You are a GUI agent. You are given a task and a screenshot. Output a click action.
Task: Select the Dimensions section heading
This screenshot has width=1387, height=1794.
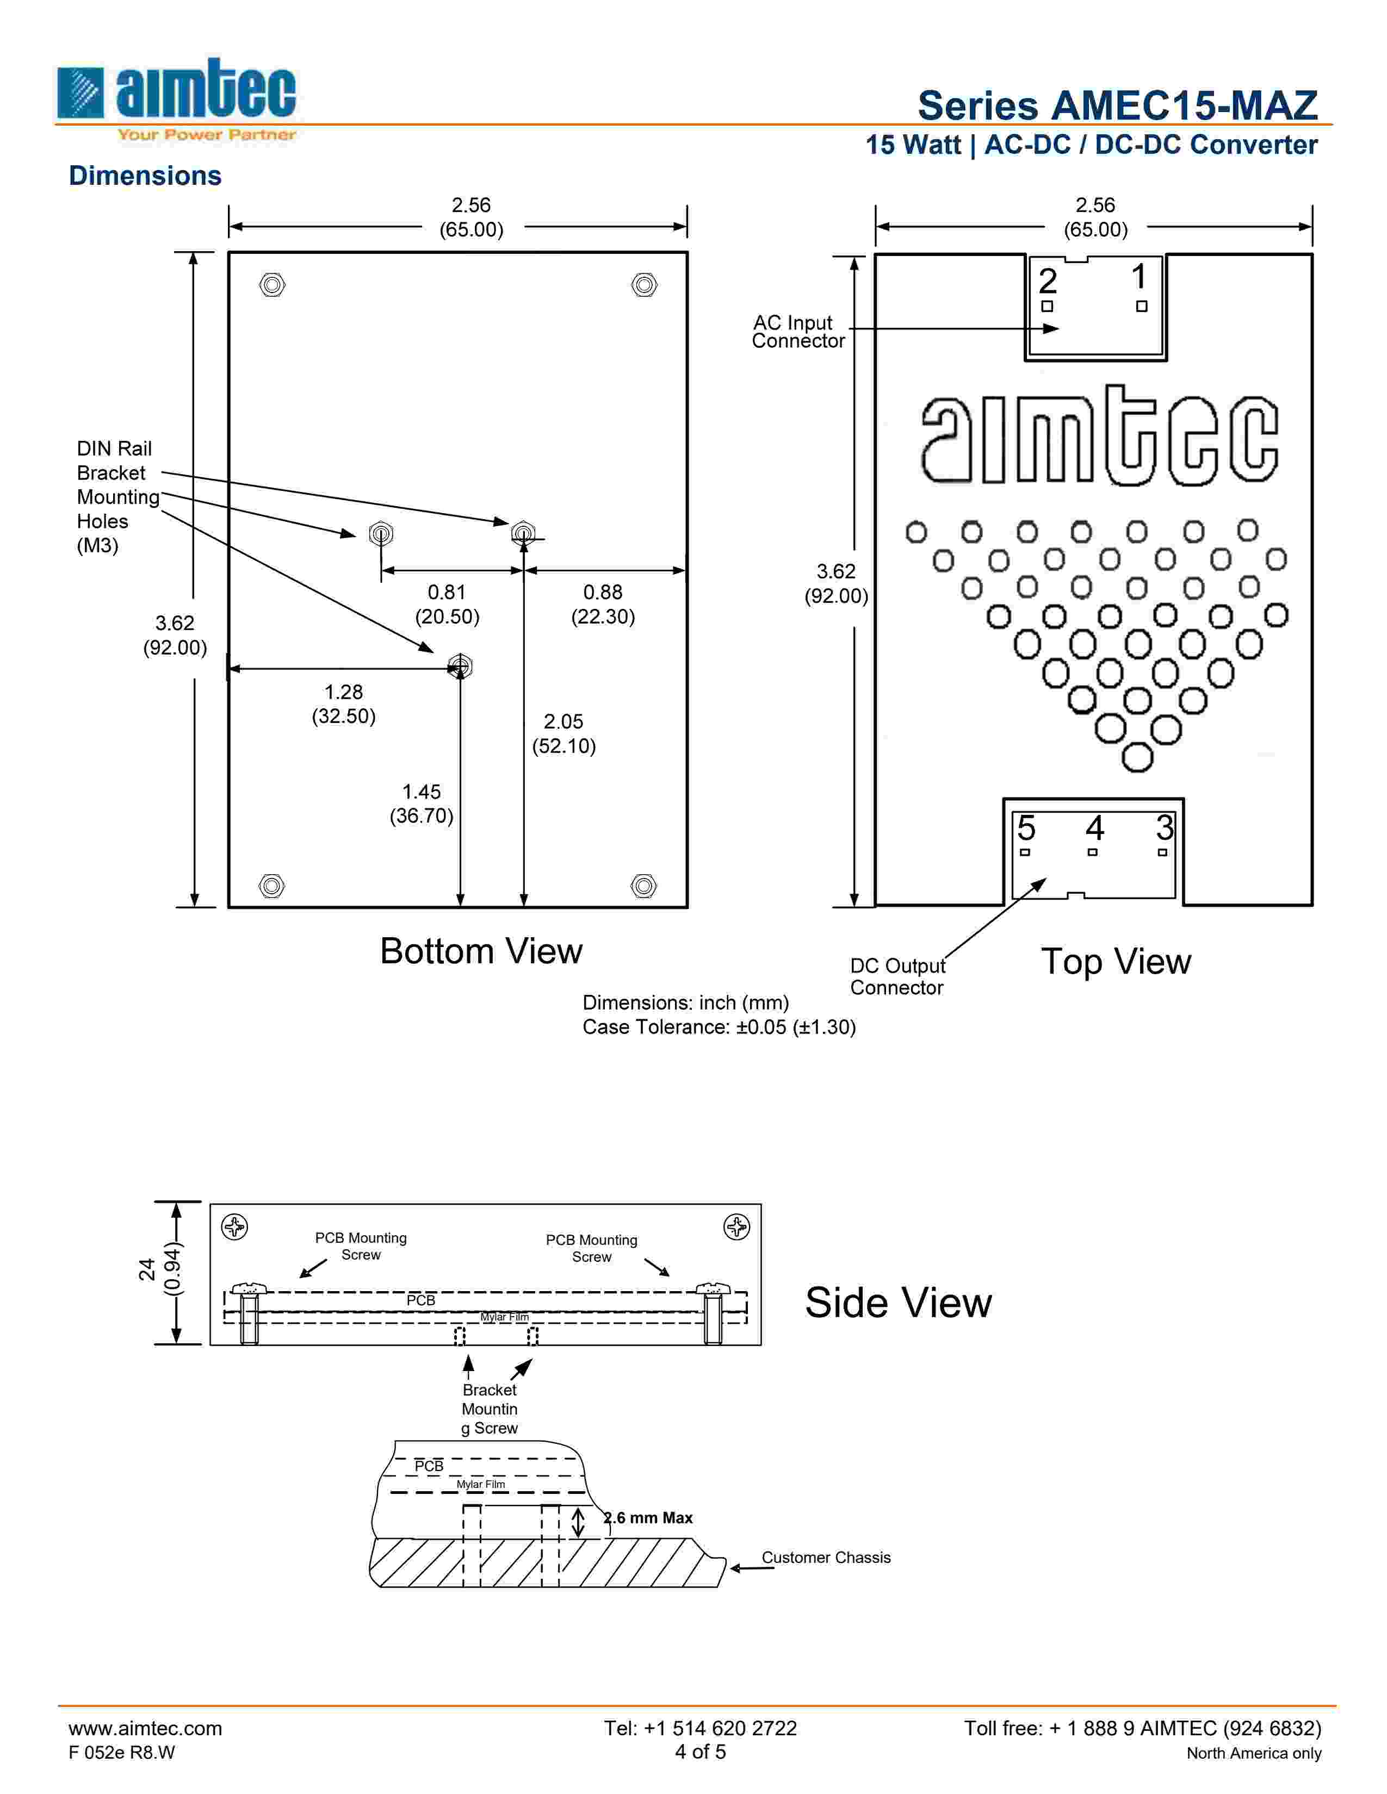[145, 176]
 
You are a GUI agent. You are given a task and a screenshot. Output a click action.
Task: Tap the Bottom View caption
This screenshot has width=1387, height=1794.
[481, 951]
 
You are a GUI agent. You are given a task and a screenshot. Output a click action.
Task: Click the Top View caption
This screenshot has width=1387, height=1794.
[1115, 961]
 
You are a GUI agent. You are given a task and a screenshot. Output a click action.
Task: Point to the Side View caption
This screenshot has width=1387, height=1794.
[897, 1303]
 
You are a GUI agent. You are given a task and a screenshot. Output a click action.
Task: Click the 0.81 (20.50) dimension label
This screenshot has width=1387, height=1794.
[447, 605]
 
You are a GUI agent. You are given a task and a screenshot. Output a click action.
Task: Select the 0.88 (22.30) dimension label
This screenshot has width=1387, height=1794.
[603, 605]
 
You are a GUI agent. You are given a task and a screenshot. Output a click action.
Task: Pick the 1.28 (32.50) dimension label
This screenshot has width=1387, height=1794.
[343, 704]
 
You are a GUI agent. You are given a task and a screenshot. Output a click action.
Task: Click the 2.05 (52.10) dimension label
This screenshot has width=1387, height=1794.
[564, 733]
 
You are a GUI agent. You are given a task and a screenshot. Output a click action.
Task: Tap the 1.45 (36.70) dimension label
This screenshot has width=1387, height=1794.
[422, 803]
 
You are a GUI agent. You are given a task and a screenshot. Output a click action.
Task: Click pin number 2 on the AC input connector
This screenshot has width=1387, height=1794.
[1047, 282]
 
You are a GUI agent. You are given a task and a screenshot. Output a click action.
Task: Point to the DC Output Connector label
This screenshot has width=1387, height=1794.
[897, 977]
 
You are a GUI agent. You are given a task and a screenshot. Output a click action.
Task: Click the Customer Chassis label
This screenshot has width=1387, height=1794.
[826, 1558]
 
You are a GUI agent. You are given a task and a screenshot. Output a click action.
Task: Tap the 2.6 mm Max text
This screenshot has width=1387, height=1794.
[649, 1518]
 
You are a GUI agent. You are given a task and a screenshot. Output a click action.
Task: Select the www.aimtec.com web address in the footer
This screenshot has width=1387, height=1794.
[145, 1728]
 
